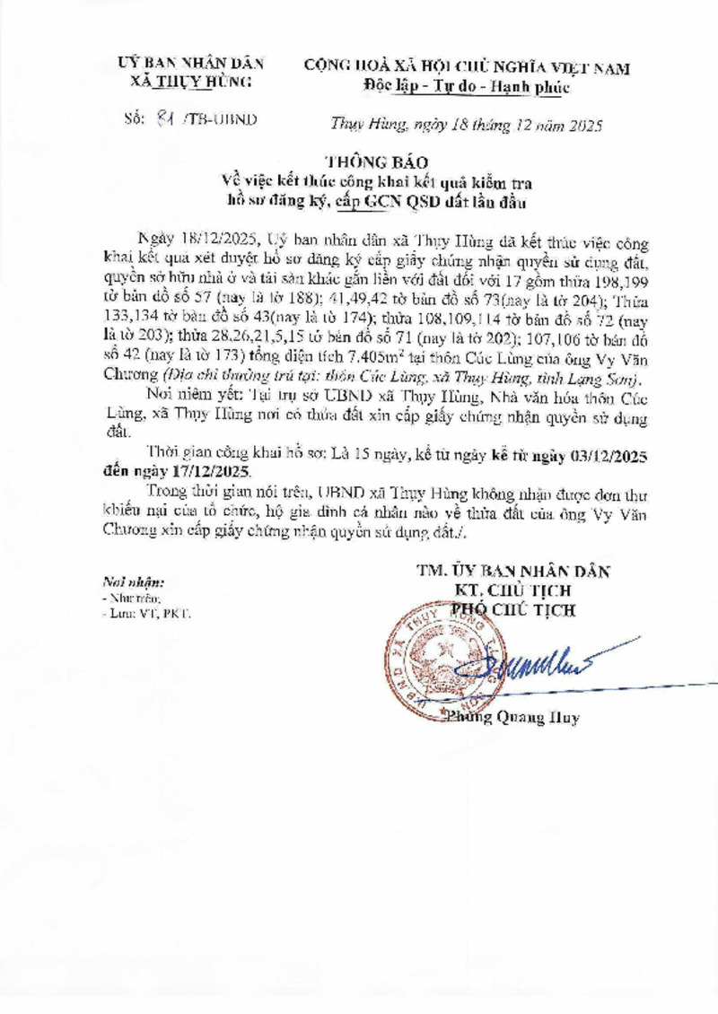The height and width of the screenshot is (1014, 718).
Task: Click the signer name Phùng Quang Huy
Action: (512, 717)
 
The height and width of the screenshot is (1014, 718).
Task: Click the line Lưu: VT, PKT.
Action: (146, 614)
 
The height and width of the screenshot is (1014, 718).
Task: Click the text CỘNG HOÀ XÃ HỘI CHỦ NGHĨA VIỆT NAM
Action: (468, 67)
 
